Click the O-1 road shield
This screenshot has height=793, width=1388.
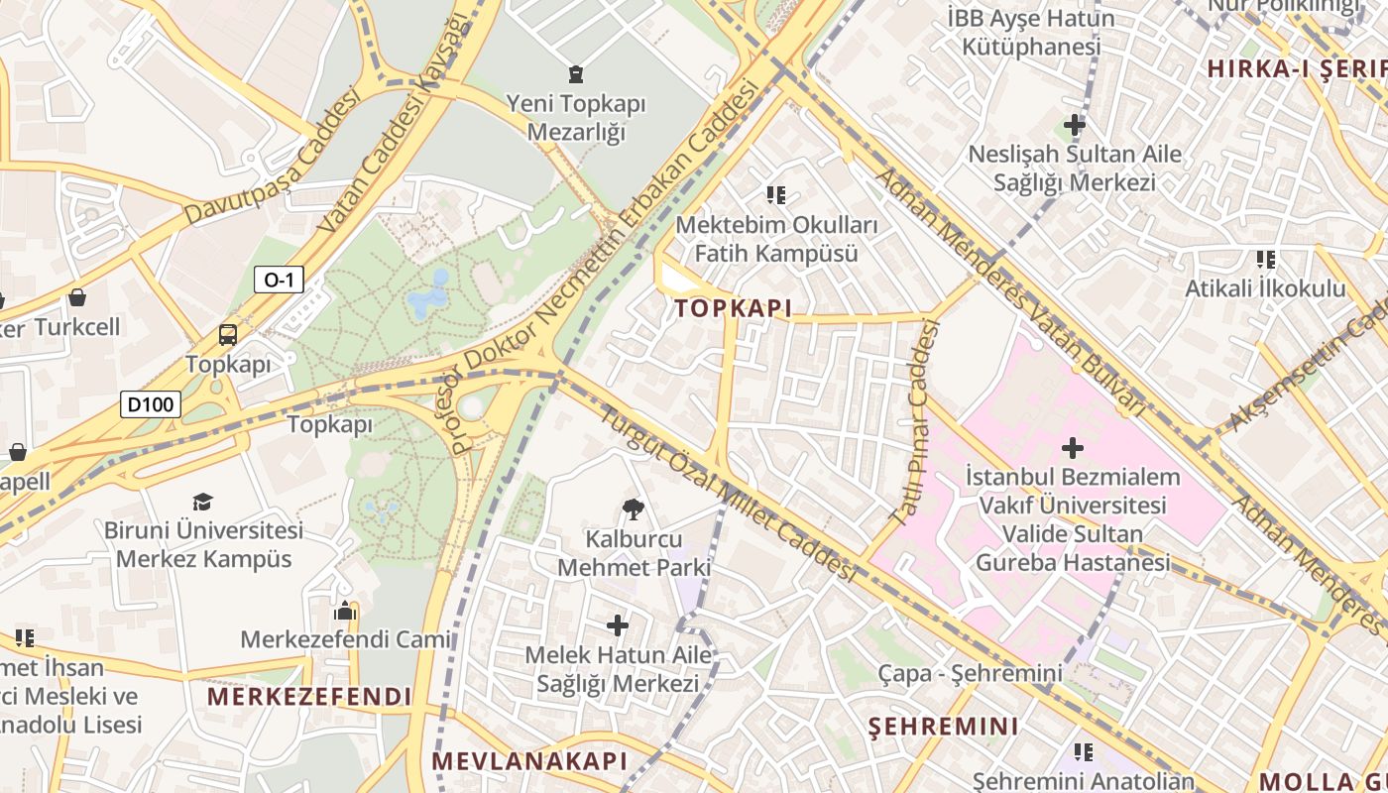(279, 280)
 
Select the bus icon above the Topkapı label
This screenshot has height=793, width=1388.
(227, 335)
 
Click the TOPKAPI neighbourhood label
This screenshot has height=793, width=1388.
(734, 308)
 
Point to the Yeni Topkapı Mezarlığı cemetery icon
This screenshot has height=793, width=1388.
(575, 73)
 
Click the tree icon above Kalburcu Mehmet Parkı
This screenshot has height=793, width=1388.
(633, 510)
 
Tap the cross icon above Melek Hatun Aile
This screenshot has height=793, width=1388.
(618, 625)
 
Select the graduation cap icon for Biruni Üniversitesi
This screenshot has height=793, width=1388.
(203, 502)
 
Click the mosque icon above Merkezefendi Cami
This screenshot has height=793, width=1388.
(345, 611)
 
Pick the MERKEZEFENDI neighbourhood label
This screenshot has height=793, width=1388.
(308, 697)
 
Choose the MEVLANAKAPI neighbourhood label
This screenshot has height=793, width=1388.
(529, 761)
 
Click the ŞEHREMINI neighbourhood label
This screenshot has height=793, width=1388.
(943, 727)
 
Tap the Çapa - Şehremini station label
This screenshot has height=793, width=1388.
(970, 674)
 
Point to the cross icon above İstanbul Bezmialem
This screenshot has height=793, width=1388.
(1072, 448)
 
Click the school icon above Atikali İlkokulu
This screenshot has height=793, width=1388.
(1265, 260)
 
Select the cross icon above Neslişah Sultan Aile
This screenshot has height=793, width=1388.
(1074, 125)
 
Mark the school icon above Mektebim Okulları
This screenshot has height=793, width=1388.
(775, 195)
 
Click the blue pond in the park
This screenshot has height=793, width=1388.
(428, 295)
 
